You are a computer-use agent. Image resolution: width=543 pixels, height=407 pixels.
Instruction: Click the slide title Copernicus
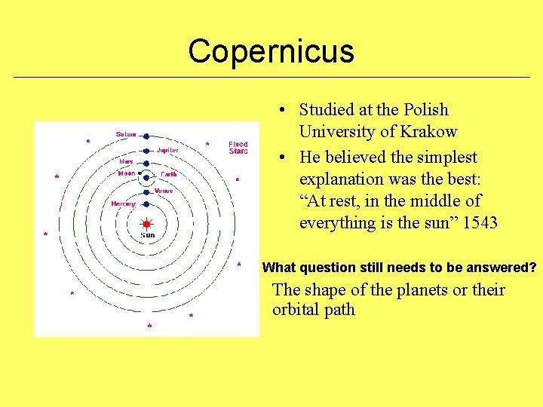[271, 51]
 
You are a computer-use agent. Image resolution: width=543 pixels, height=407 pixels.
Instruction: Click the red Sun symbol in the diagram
[147, 224]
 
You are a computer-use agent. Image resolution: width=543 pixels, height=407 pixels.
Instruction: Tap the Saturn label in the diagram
[126, 135]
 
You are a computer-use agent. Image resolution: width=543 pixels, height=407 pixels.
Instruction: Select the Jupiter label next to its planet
[167, 150]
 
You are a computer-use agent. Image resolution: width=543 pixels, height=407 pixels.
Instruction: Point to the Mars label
[126, 161]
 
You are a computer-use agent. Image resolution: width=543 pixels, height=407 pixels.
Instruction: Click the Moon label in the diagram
[127, 173]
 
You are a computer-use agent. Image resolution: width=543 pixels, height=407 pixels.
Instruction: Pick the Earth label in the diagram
[169, 174]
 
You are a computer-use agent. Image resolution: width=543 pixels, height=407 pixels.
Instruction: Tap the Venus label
[164, 191]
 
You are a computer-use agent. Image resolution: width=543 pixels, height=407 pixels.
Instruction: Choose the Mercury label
[124, 203]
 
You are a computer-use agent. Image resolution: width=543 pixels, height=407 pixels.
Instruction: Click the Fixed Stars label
[238, 147]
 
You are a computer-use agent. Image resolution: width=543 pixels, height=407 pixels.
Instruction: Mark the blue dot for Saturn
[147, 136]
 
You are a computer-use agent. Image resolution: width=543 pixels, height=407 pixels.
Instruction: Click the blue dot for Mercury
[147, 203]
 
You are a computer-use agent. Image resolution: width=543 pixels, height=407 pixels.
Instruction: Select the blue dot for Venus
[147, 191]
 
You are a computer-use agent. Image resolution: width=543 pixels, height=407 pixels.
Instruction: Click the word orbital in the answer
[298, 310]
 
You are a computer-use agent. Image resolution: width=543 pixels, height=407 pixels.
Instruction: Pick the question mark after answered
[532, 268]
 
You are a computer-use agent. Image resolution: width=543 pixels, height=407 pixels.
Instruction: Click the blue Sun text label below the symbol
[148, 235]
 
